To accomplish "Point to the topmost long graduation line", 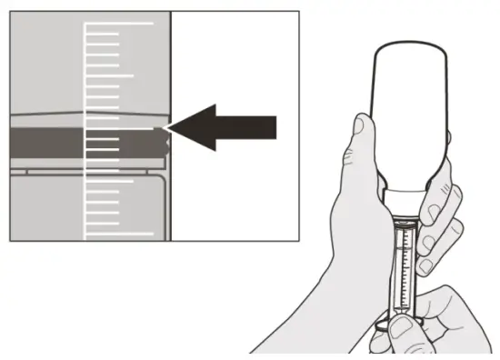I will click(119, 21).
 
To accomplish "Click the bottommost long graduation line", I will click(119, 235).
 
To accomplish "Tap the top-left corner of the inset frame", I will click(10, 12).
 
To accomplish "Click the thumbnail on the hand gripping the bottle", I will click(362, 125).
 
